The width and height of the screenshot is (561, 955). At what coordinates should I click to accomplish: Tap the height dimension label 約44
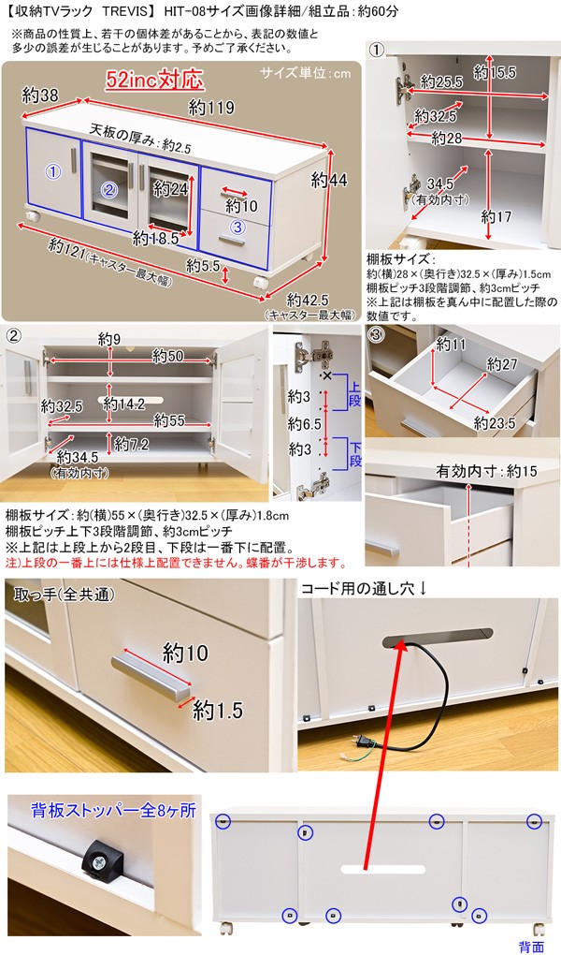[x=329, y=180]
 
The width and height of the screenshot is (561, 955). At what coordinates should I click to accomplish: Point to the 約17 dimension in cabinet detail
[x=497, y=215]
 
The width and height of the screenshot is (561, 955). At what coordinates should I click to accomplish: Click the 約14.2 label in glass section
[x=123, y=404]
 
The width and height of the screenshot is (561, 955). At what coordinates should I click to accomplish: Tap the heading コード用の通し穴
[x=363, y=589]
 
